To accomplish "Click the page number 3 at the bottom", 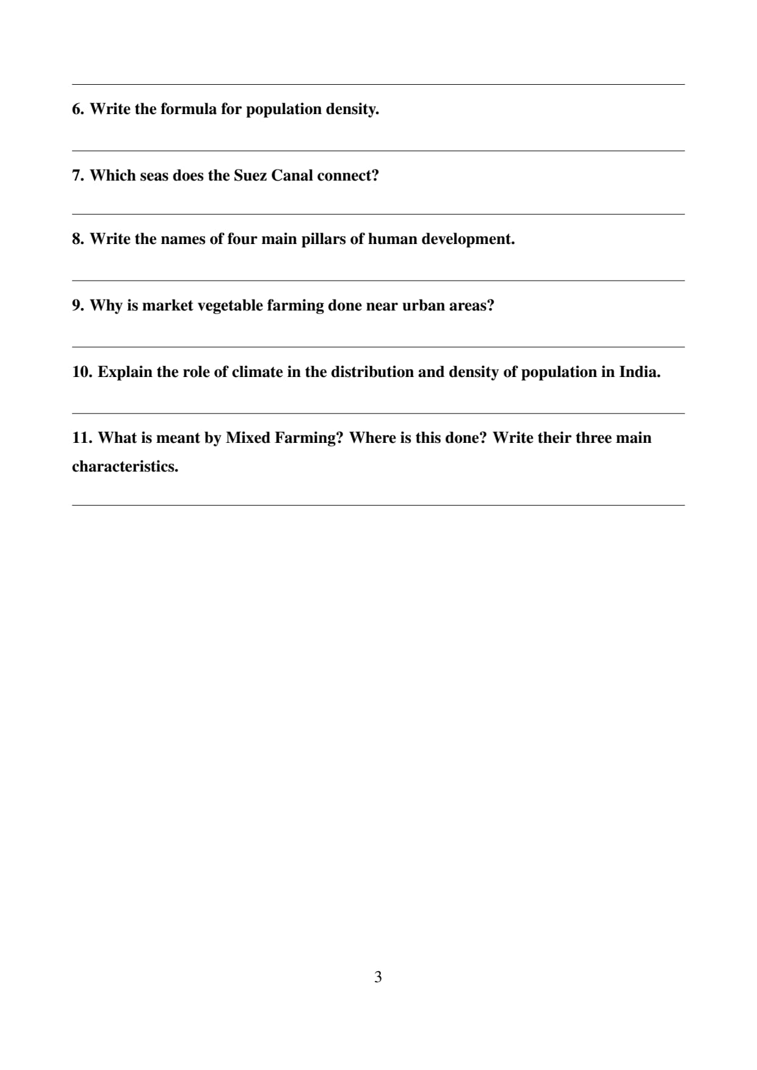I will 378,977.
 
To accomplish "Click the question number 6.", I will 78,109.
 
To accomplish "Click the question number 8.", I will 78,239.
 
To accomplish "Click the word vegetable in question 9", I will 230,306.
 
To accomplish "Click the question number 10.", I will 82,372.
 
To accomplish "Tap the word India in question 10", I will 639,372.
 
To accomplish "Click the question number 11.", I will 82,438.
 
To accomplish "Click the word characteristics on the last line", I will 125,467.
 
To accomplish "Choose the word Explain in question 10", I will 125,373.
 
